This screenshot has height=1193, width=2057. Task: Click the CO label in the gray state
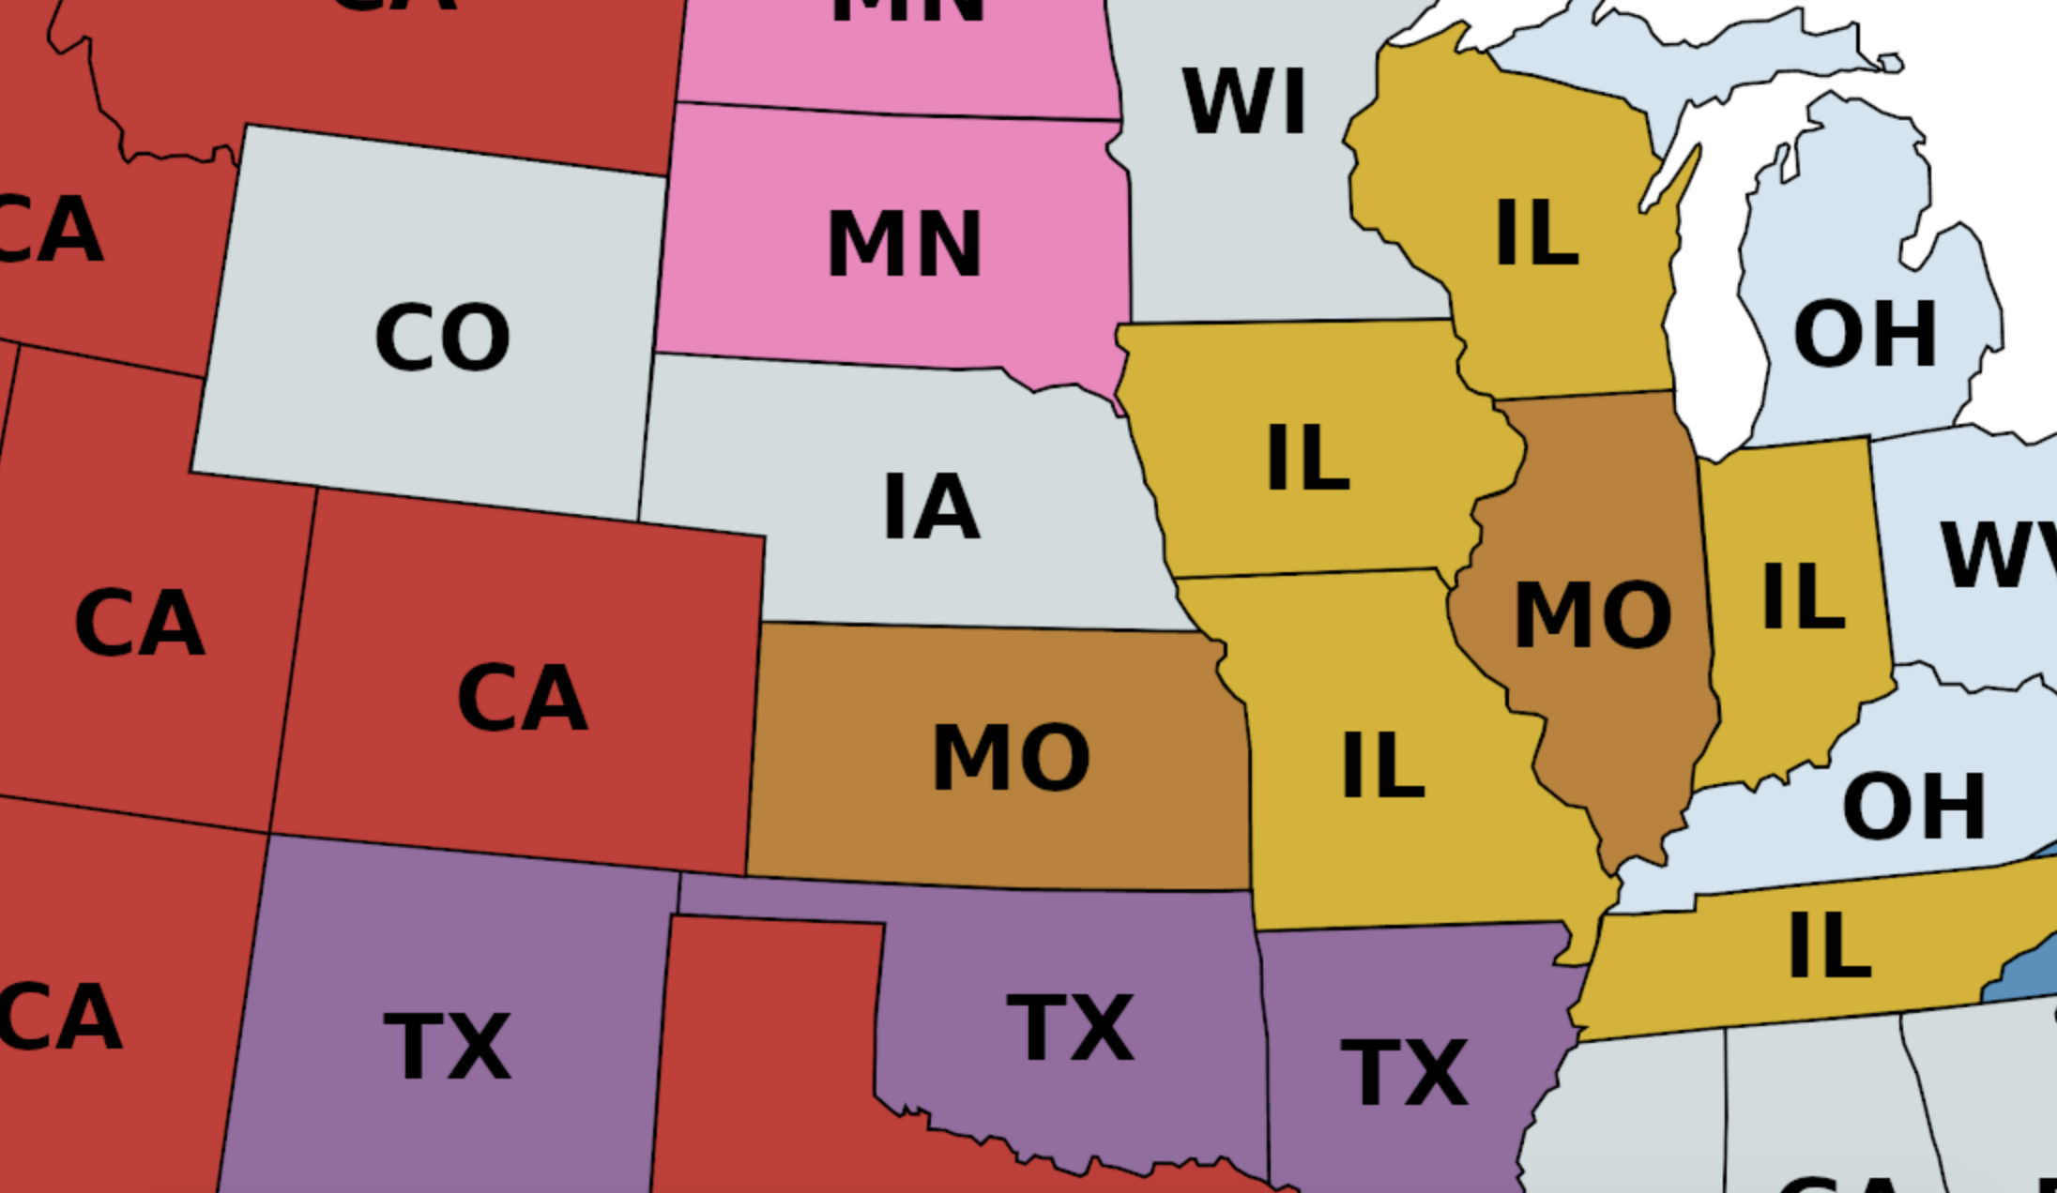tap(442, 337)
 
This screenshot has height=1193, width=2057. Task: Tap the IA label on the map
tap(932, 507)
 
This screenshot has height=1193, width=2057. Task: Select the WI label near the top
tap(1244, 102)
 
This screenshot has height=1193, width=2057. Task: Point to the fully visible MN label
tap(904, 245)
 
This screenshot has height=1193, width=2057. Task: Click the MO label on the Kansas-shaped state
tap(1011, 758)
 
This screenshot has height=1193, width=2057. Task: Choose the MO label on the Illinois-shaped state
tap(1592, 615)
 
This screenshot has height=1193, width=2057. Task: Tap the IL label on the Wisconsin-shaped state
tap(1536, 234)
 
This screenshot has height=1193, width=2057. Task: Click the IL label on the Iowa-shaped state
tap(1307, 458)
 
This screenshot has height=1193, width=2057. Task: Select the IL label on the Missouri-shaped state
tap(1382, 766)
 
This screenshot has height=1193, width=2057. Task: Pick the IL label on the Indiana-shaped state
tap(1803, 596)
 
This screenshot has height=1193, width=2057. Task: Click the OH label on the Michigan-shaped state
tap(1865, 335)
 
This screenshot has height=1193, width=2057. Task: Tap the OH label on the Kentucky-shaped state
tap(1913, 807)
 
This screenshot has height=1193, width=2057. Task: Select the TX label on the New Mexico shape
tap(448, 1048)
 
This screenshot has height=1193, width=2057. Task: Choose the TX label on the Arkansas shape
tap(1404, 1073)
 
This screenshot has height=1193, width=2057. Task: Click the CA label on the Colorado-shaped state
tap(522, 698)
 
